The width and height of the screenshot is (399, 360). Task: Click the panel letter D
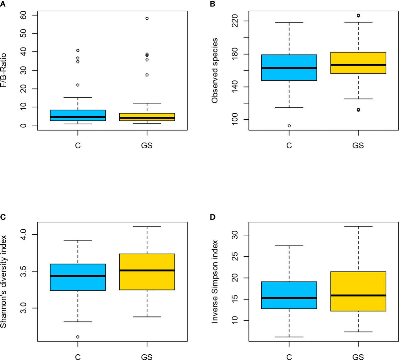click(213, 217)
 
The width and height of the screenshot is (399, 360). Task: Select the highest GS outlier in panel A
click(147, 18)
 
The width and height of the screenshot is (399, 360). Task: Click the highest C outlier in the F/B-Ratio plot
click(78, 51)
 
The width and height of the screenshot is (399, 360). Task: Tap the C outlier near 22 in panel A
click(78, 85)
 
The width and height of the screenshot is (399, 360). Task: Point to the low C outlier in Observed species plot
click(289, 126)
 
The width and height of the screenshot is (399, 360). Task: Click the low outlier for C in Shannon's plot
click(78, 337)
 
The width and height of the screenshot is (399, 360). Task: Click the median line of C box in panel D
click(289, 298)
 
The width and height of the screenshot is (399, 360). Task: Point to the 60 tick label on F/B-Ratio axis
click(24, 15)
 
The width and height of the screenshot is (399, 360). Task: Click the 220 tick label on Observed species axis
click(235, 21)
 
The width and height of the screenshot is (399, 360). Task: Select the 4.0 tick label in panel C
click(24, 234)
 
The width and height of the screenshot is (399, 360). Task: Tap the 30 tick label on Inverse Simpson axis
click(235, 235)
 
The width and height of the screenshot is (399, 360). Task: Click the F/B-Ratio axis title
click(4, 70)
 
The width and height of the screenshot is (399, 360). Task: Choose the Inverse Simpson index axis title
click(215, 281)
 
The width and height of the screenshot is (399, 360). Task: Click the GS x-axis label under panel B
click(358, 145)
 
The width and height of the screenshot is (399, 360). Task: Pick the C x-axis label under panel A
click(78, 145)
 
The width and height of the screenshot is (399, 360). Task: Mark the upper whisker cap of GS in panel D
click(358, 226)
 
